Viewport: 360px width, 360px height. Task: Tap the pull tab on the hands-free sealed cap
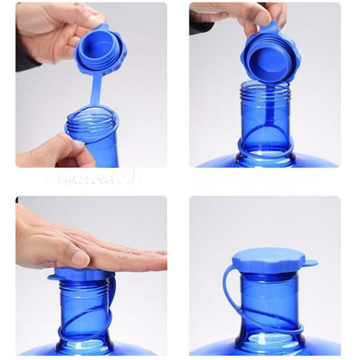tap(309, 263)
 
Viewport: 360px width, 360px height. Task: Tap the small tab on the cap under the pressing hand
tap(54, 276)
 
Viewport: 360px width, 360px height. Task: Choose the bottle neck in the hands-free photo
tap(269, 303)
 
